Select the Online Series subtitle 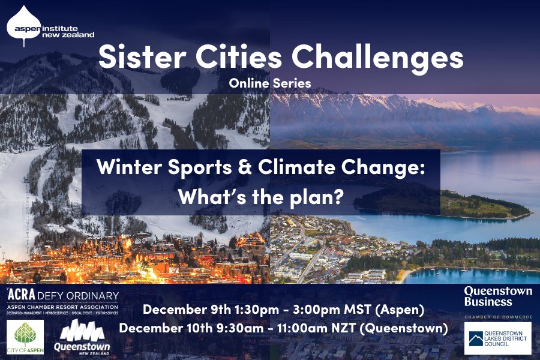269,83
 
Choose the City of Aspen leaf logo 25,336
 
